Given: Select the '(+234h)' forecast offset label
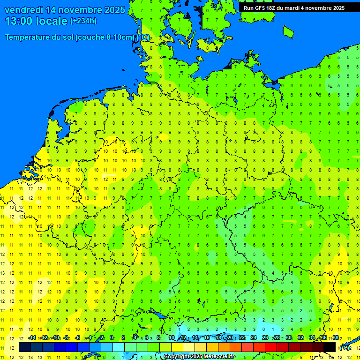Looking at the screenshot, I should tap(83, 21).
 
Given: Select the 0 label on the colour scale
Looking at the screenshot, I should tap(112, 338).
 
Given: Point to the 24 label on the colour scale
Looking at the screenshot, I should tap(253, 338).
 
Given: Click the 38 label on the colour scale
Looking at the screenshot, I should tap(335, 338).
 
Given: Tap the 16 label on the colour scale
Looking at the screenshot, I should tap(206, 338).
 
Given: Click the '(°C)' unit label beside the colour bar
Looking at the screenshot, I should tap(344, 348).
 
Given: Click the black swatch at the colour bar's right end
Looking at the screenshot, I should tap(330, 347).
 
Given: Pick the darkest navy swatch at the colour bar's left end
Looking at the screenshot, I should tap(25, 347).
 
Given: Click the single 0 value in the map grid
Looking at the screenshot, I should tap(264, 329).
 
